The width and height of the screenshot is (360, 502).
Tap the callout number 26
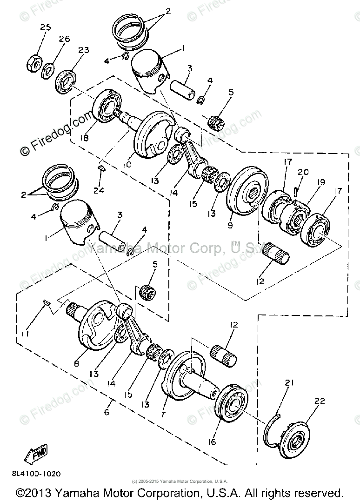[x=64, y=39]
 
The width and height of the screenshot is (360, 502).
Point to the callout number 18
[x=84, y=138]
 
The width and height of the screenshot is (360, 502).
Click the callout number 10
[x=127, y=165]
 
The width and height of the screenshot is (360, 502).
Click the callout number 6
[x=107, y=412]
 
